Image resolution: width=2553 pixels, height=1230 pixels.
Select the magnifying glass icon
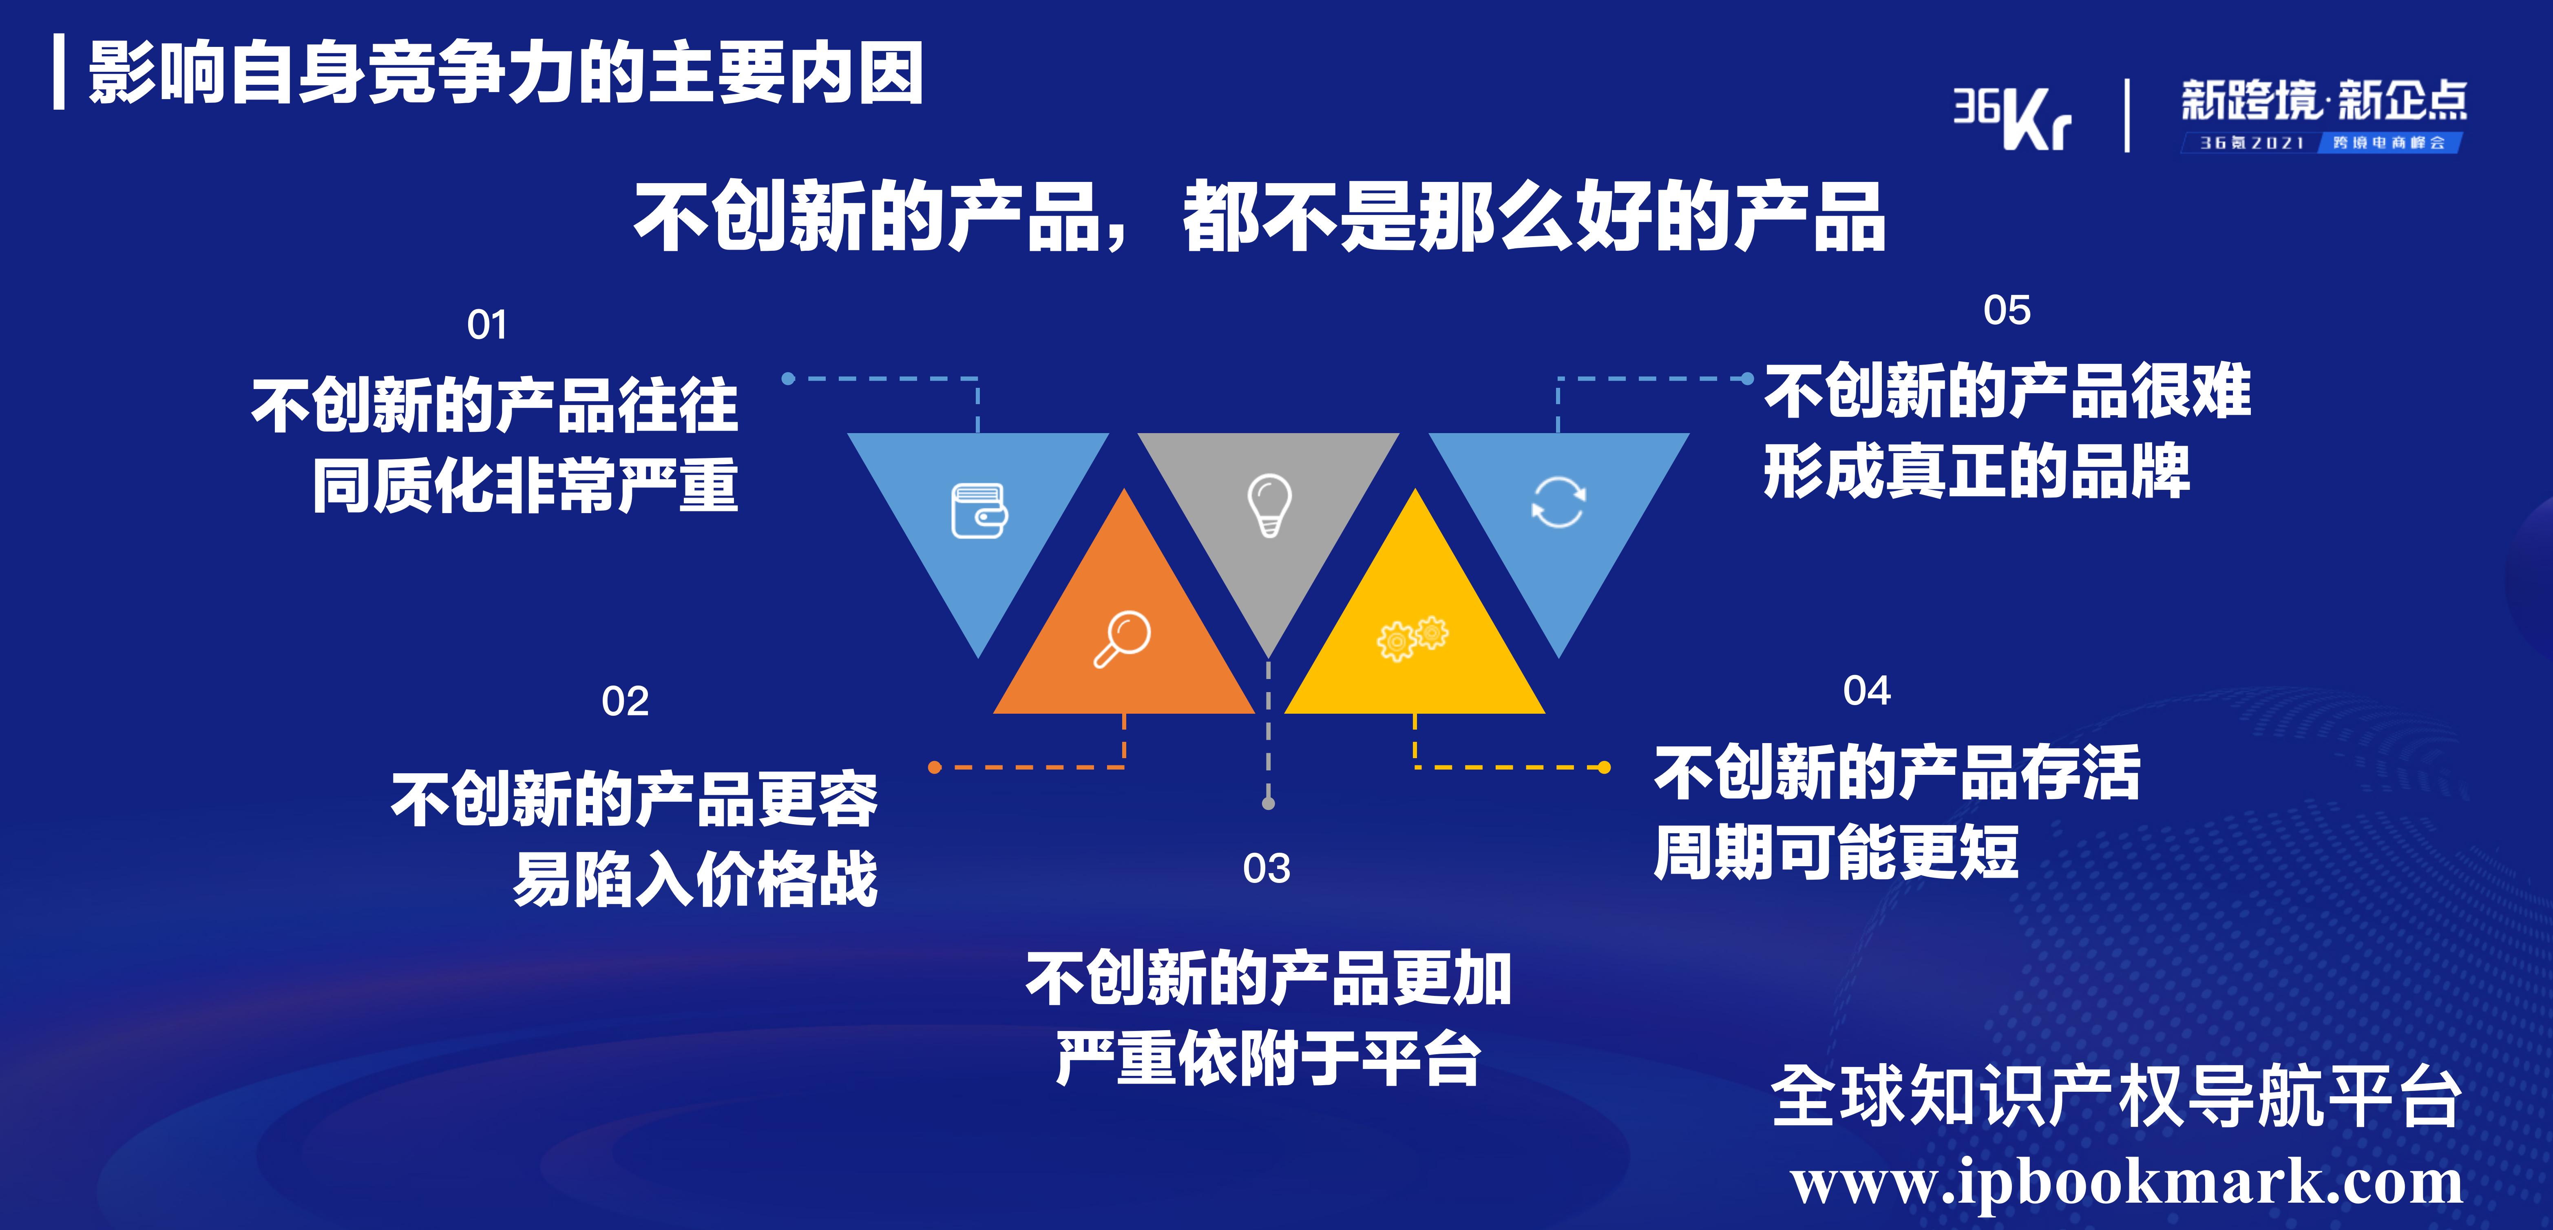1122,639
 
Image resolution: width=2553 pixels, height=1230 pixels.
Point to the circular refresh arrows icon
1558,502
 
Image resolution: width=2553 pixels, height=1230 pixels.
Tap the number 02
626,702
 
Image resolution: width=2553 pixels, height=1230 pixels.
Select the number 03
1267,869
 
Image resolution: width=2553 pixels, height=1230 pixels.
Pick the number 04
1866,691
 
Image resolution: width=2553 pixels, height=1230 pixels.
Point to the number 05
2007,310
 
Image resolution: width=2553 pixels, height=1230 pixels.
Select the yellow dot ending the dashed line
1605,767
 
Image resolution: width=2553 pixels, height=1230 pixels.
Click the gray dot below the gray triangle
1269,803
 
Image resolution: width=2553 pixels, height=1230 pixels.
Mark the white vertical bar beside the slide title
60,71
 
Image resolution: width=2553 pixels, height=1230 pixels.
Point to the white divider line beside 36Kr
2127,116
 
